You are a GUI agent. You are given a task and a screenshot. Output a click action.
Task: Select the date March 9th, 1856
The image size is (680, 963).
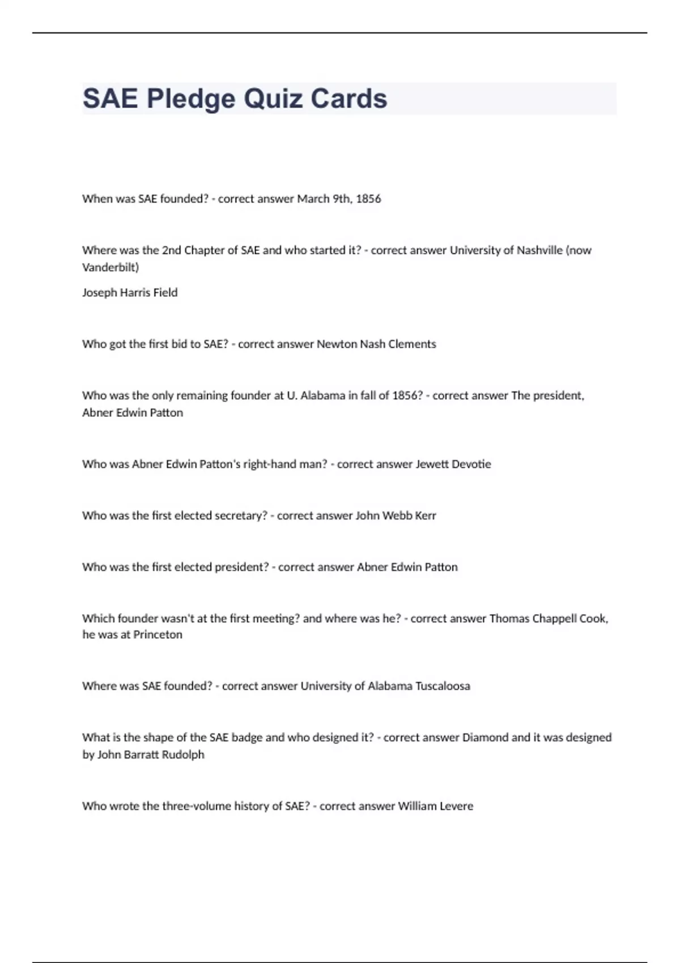click(x=339, y=199)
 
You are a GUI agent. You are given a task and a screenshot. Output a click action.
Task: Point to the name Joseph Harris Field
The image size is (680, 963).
click(x=130, y=292)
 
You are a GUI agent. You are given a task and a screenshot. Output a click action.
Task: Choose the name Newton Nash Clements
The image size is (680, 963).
click(x=376, y=344)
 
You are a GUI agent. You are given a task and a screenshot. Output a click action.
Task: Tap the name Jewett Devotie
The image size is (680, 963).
click(x=453, y=464)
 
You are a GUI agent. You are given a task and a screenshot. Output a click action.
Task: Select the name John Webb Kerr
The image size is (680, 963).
click(x=396, y=515)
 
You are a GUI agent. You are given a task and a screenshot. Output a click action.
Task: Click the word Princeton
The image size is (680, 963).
click(x=158, y=634)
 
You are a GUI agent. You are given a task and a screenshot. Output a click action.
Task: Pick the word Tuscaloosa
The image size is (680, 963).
click(x=443, y=686)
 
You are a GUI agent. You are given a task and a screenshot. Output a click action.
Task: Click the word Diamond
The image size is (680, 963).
click(x=485, y=738)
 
